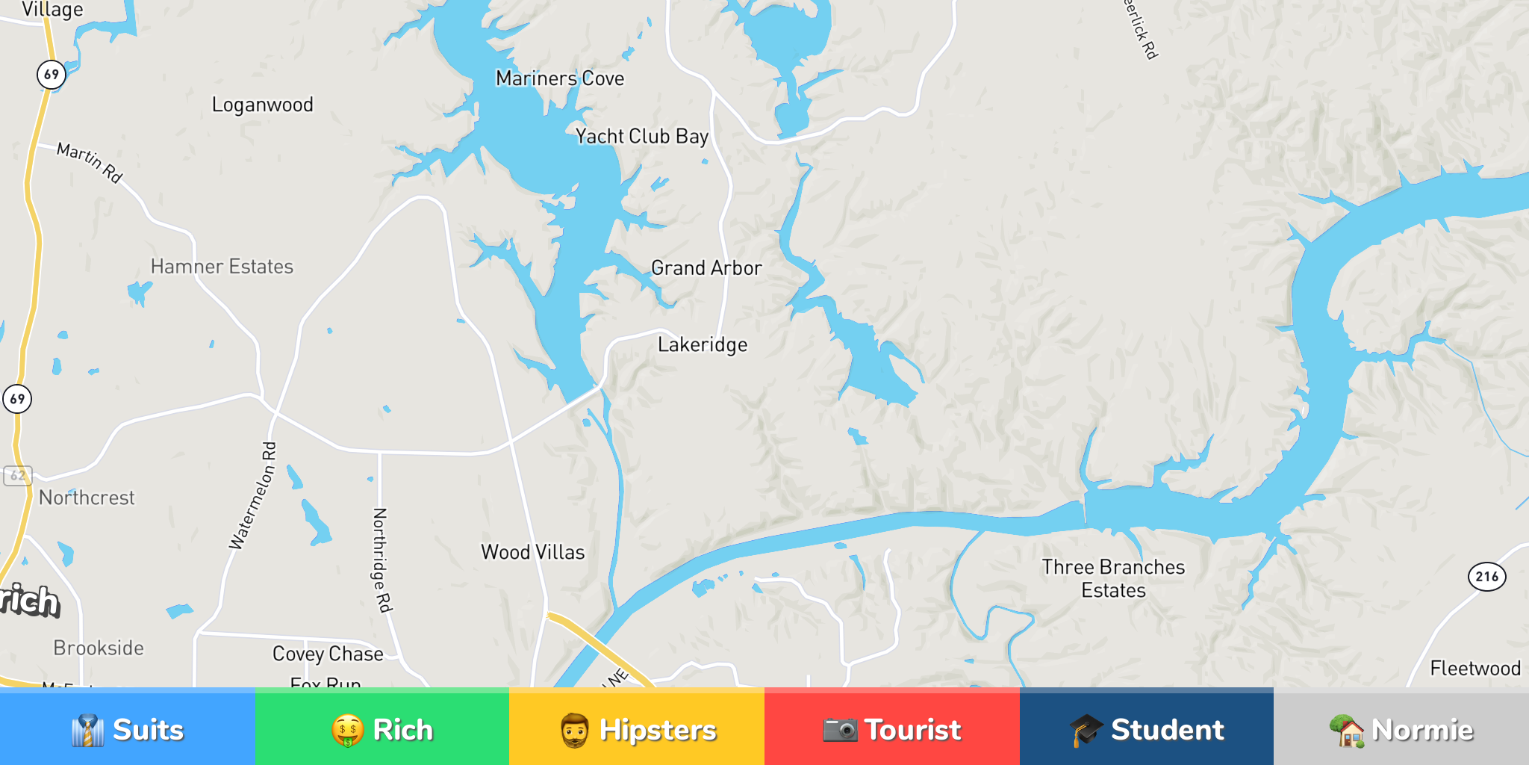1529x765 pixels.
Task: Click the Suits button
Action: pos(127,728)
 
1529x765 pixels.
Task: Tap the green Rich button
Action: pos(382,728)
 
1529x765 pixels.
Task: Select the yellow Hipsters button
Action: pos(637,728)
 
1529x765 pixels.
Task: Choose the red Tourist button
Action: pos(891,728)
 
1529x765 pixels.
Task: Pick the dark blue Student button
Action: pos(1146,728)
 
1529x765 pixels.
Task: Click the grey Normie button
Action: pos(1401,728)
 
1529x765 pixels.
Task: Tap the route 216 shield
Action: pos(1486,576)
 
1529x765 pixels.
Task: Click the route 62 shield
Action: pos(18,475)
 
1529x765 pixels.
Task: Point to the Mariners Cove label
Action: pos(560,78)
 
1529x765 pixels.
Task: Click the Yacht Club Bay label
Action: pos(642,136)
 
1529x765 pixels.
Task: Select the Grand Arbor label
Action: pos(706,267)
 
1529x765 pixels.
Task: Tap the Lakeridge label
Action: pos(703,344)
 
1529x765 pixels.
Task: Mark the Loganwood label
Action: pos(263,105)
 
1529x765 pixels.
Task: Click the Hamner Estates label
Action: pos(222,267)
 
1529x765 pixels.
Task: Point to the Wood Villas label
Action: pos(533,552)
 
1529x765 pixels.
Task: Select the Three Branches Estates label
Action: pos(1113,578)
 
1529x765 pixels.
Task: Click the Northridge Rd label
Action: pos(382,560)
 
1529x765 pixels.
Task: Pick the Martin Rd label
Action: pos(90,161)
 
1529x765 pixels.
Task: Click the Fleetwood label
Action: pos(1475,668)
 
